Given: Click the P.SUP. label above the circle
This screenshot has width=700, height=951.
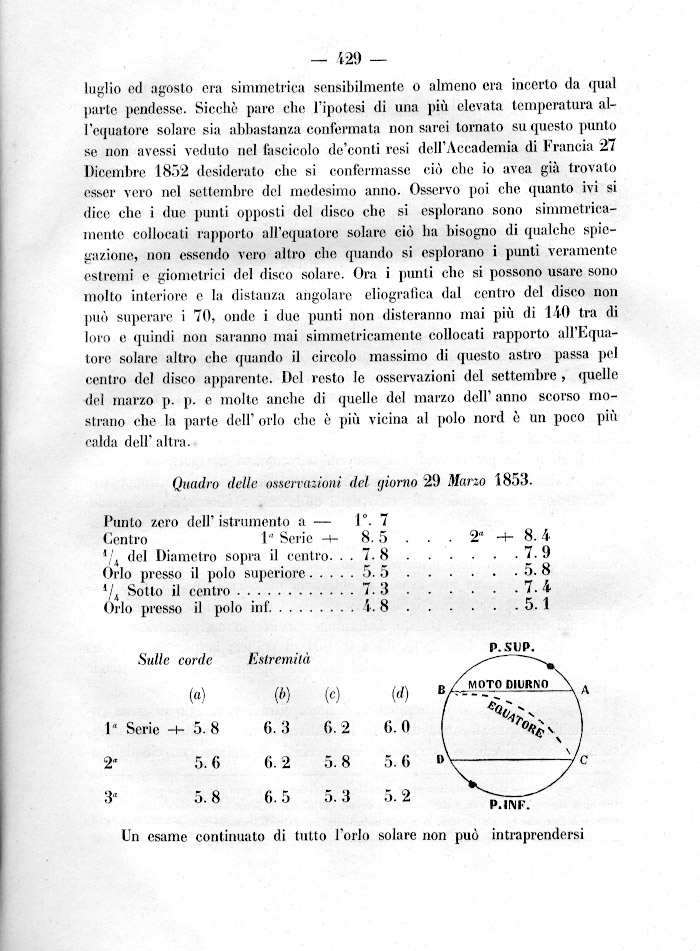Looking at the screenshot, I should [512, 647].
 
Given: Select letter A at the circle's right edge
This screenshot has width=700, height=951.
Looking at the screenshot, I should [586, 690].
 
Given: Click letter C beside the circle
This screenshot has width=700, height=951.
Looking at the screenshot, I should [584, 760].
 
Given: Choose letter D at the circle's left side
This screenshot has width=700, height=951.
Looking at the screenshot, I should [440, 761].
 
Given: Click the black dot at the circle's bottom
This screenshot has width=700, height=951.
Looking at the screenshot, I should [472, 783].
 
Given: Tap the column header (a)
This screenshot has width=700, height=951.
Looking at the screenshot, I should [197, 692].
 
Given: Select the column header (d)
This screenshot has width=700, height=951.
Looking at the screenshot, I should [400, 692].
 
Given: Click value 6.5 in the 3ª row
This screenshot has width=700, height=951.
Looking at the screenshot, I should [277, 798].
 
